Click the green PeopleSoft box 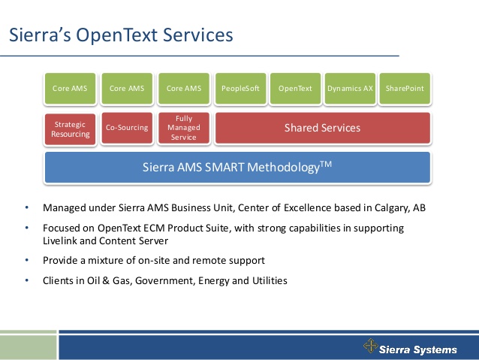(x=240, y=89)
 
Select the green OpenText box (x=295, y=89)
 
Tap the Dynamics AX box (x=350, y=89)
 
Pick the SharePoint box (x=405, y=89)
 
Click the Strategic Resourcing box (x=70, y=129)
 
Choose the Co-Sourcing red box (x=127, y=128)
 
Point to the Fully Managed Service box (x=184, y=128)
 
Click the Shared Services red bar (x=323, y=128)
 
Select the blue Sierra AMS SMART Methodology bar (x=237, y=168)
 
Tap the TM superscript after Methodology (x=326, y=164)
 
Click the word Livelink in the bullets (x=60, y=241)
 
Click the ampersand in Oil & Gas (x=106, y=280)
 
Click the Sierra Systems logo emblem (x=371, y=346)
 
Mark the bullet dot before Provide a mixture (x=27, y=260)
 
